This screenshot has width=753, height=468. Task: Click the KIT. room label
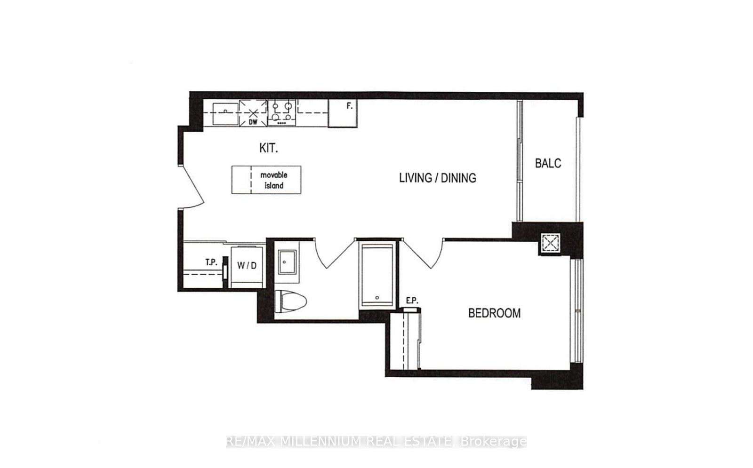(268, 148)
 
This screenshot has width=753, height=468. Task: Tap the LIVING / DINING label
(437, 178)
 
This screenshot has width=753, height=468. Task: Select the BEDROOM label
(494, 313)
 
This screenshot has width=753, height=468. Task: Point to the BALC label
(548, 163)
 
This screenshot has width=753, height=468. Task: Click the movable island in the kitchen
(266, 180)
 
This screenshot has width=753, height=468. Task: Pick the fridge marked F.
(343, 113)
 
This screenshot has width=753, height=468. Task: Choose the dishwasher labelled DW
(253, 113)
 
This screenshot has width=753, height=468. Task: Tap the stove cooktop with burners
(281, 113)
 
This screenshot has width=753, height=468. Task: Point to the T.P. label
(211, 262)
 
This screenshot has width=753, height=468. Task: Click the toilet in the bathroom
(290, 301)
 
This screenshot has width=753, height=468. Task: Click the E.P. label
(412, 301)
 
